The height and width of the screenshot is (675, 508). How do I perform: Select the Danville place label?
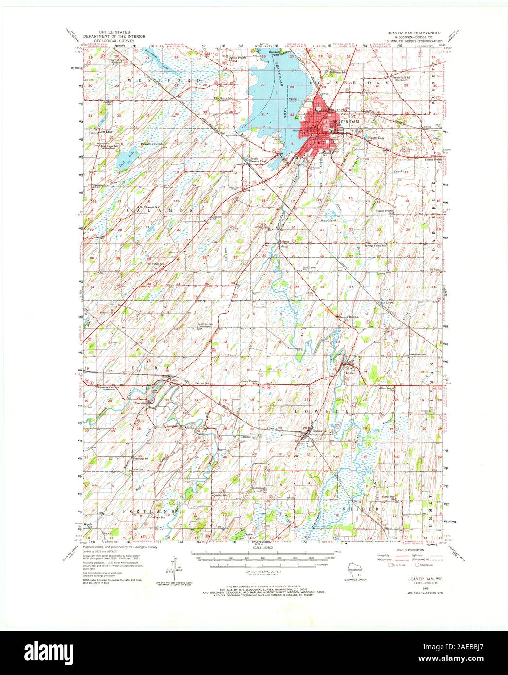[x=141, y=403]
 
